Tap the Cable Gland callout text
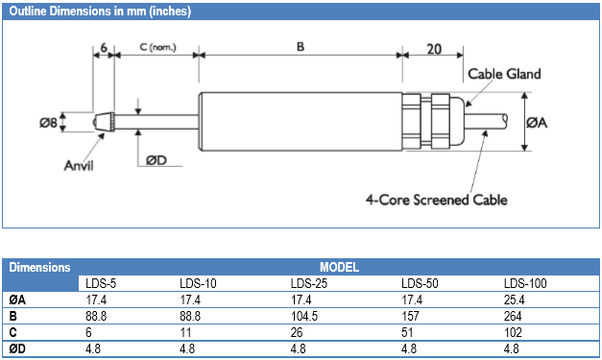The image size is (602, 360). tap(504, 74)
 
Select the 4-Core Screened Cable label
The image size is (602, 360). tap(436, 201)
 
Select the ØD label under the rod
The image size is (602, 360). tap(157, 160)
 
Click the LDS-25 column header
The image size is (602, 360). tap(309, 283)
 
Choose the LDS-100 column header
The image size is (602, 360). tap(525, 283)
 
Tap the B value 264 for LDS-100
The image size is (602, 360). tap(514, 315)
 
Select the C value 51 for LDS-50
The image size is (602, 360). tap(407, 331)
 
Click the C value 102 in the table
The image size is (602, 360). tap(514, 331)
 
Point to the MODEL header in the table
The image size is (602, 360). tap(338, 267)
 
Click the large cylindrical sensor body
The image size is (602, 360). tap(299, 121)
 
